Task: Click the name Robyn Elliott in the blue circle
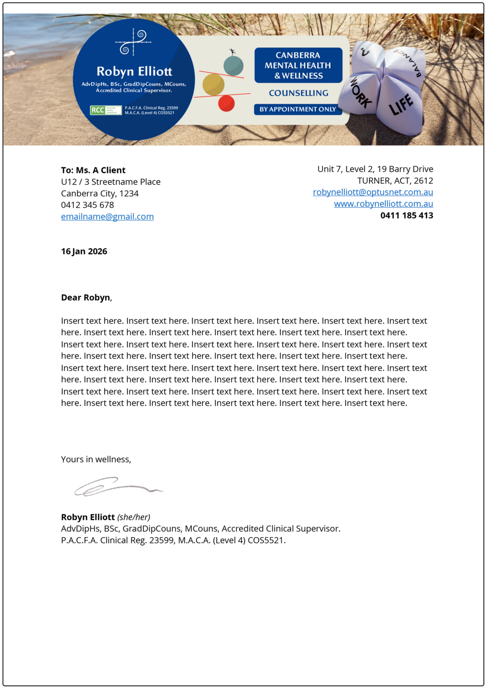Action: (134, 71)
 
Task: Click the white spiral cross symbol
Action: (133, 42)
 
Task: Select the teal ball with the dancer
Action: (234, 65)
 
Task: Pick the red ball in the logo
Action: (226, 103)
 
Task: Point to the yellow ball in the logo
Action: (213, 85)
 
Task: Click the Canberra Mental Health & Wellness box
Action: (298, 65)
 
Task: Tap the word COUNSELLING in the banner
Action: (299, 93)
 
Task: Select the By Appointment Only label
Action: (298, 109)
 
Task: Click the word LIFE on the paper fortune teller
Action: (401, 105)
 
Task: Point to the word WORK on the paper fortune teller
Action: (361, 93)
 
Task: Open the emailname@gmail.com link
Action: (107, 216)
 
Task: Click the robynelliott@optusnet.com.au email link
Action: (373, 192)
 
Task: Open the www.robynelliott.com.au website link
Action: (383, 204)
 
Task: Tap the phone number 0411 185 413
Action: (407, 215)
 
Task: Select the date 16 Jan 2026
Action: (84, 251)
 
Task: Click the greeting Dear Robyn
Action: (86, 298)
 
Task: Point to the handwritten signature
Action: (117, 486)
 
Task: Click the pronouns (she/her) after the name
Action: (134, 517)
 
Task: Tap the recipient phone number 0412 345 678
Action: (88, 205)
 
